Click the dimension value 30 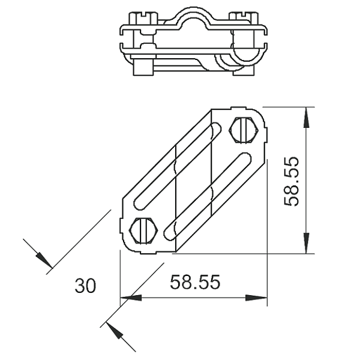85,286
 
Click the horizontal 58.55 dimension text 195,281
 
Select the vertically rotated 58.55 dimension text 292,181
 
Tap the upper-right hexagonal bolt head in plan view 244,130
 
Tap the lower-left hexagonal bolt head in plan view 143,230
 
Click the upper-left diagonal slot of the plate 178,166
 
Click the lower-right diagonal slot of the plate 208,197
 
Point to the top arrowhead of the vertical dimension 306,118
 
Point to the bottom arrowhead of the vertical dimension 306,243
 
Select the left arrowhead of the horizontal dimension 131,298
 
